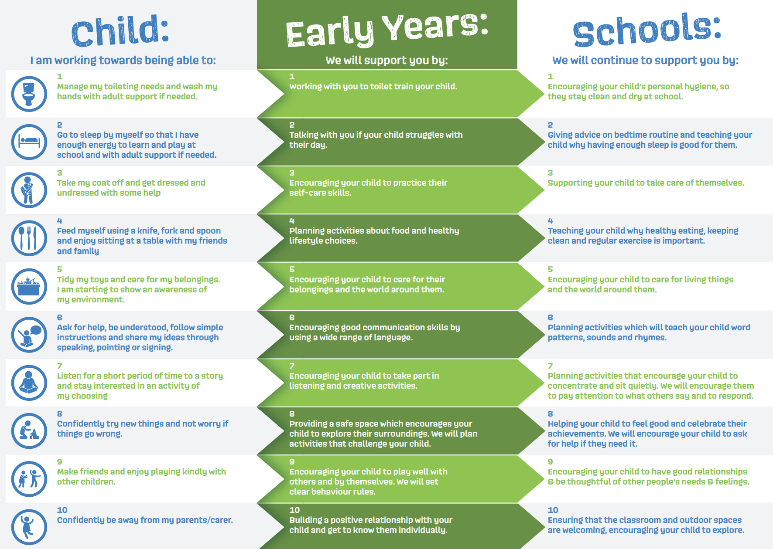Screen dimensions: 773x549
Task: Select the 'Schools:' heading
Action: click(x=647, y=30)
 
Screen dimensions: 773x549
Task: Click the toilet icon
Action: click(x=29, y=94)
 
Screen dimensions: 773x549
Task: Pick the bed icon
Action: click(x=29, y=142)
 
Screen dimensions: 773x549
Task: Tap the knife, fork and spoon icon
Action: click(x=29, y=238)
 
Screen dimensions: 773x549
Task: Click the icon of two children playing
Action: click(x=29, y=479)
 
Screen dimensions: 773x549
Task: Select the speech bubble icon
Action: click(x=29, y=335)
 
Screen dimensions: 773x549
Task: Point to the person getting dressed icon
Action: click(x=29, y=190)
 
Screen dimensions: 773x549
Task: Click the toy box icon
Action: click(x=29, y=287)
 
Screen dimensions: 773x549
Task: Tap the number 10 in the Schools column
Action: click(x=553, y=510)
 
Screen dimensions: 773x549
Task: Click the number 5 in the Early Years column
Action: click(x=292, y=269)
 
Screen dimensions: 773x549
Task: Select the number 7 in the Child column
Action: click(x=60, y=366)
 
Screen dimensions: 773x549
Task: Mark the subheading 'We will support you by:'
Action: click(x=387, y=60)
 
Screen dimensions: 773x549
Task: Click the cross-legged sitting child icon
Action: click(x=29, y=383)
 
